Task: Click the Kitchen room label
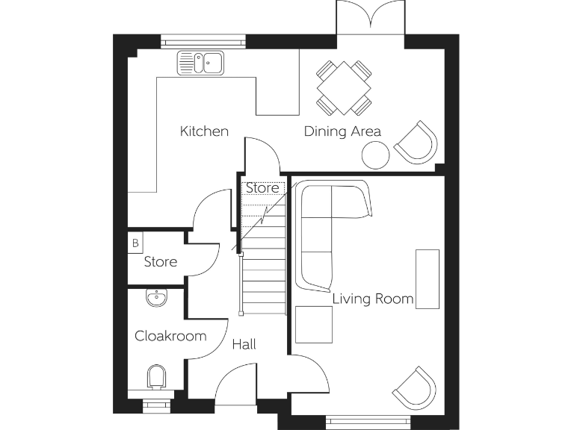204,131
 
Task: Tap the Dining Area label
342,131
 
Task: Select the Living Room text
372,299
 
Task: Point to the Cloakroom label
170,336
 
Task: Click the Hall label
244,344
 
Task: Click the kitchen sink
200,63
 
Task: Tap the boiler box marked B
135,243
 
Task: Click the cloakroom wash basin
157,299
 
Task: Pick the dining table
344,88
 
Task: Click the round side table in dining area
375,155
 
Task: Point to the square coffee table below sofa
314,324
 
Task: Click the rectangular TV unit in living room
428,278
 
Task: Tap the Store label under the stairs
262,188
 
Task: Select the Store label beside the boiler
160,262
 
